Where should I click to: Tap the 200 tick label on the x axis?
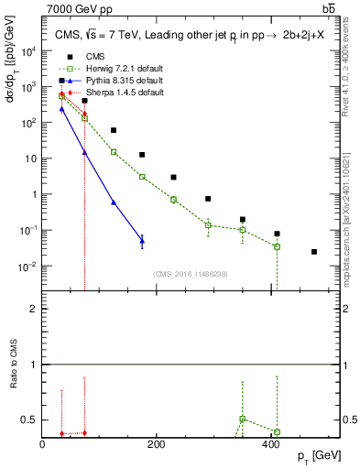pos(157,444)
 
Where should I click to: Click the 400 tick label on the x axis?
pos(270,444)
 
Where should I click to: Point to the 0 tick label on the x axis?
pos(43,444)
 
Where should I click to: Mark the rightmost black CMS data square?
pos(314,252)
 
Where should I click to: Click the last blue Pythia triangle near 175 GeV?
pos(142,241)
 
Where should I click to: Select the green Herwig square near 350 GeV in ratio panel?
pos(243,419)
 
